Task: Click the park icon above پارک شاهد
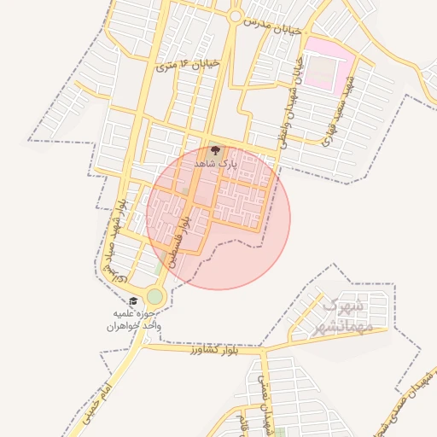click(213, 150)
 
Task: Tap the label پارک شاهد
click(213, 162)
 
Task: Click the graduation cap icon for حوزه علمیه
click(133, 301)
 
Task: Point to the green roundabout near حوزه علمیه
click(154, 296)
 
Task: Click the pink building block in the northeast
click(329, 61)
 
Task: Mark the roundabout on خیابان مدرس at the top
click(236, 15)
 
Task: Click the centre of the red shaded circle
click(218, 218)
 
